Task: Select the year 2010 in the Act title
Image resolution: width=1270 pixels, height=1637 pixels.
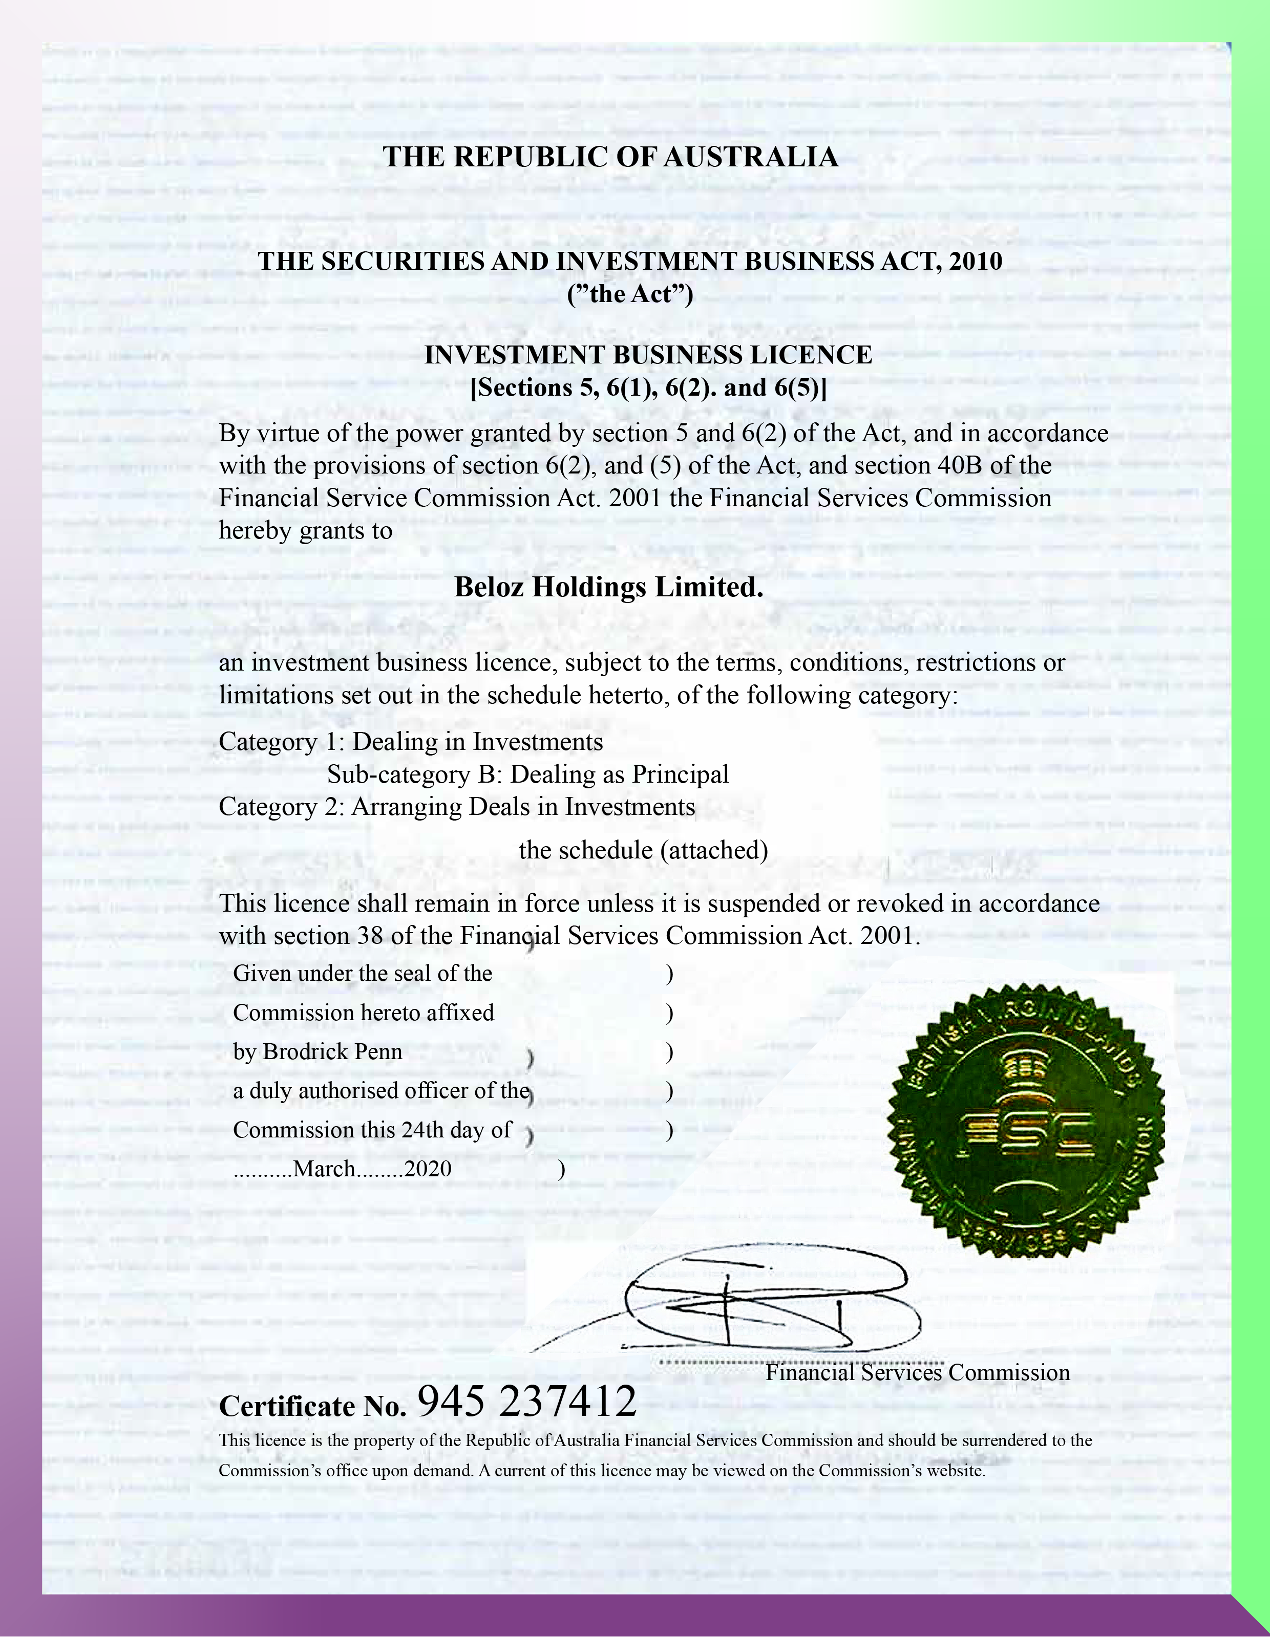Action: coord(975,262)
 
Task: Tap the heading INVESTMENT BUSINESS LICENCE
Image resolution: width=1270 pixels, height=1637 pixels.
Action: coord(648,355)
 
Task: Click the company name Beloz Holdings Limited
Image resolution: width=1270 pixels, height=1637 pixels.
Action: coord(609,587)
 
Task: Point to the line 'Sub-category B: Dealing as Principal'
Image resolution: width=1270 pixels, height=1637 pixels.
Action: coord(528,774)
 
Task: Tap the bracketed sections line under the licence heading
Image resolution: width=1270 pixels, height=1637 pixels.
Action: coord(648,388)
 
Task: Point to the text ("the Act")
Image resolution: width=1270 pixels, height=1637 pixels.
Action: coord(630,294)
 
